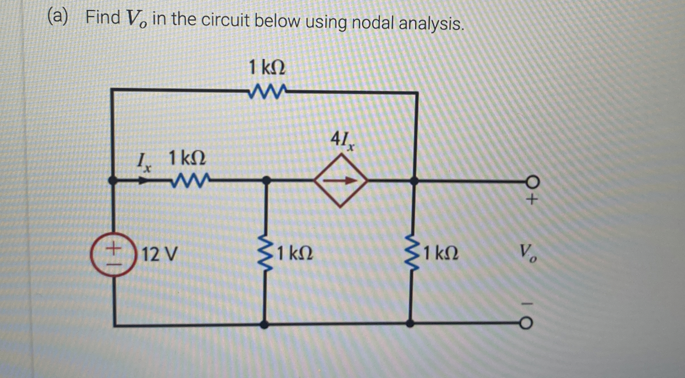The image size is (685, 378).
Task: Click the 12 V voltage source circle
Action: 113,254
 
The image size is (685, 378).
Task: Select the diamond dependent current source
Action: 341,181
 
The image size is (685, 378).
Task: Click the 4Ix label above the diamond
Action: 342,141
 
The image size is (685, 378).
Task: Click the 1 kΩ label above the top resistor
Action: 267,68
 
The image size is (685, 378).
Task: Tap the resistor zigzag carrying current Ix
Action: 191,181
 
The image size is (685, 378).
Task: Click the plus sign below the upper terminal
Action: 532,200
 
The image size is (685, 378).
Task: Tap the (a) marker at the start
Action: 58,17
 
